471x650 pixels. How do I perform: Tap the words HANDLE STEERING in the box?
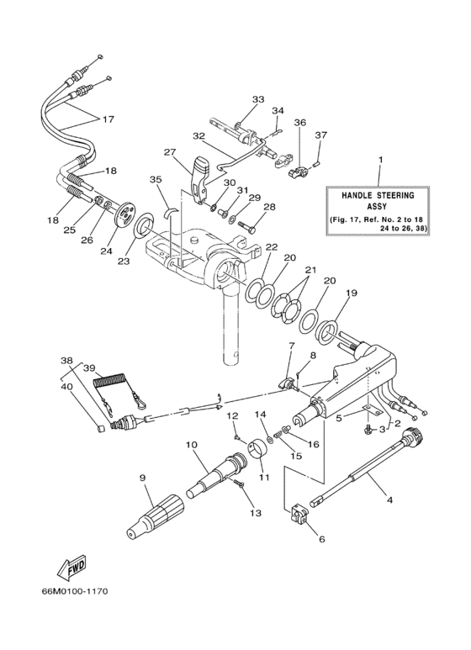click(378, 195)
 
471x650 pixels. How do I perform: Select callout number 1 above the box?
click(378, 159)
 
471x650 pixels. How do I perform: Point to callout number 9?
click(142, 478)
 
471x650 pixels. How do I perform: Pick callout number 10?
click(191, 444)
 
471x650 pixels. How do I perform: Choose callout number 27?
click(171, 153)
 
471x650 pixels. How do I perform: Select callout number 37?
click(320, 135)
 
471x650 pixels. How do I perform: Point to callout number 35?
click(155, 179)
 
